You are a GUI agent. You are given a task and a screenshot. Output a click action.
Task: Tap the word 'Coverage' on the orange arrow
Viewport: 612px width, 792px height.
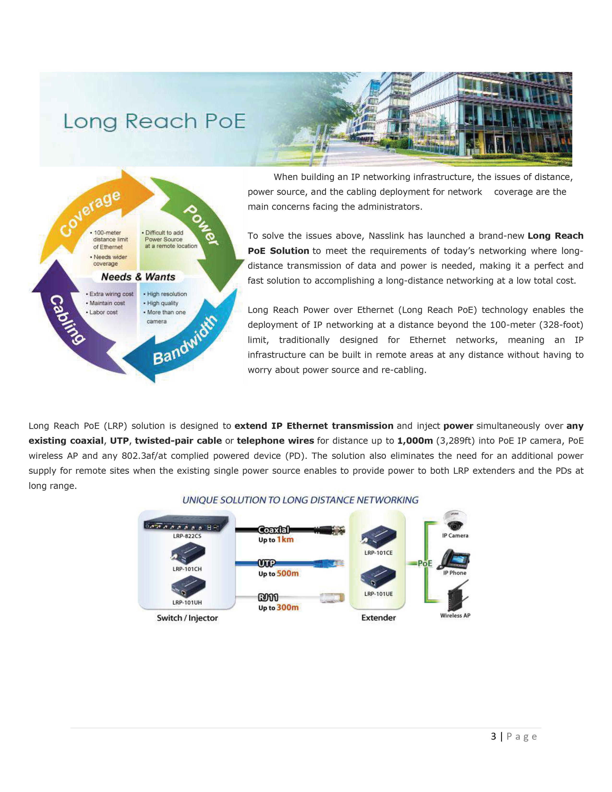(90, 213)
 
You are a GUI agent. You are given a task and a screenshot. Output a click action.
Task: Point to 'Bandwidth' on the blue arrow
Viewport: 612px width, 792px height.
(185, 340)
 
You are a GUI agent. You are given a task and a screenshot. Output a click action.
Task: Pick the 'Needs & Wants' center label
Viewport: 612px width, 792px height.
(138, 277)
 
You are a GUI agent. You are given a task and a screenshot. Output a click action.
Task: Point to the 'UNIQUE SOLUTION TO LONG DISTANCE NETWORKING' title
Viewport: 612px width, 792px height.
(300, 500)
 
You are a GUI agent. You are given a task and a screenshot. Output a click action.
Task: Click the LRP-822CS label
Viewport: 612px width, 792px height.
(187, 536)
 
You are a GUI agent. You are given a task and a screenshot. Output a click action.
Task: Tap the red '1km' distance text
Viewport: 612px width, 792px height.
(285, 540)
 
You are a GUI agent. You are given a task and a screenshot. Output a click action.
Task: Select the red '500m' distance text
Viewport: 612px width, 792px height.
(288, 573)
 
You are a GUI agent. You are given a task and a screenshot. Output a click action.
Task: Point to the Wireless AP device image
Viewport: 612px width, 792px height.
(457, 596)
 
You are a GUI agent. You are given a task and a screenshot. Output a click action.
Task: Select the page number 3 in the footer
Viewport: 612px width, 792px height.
(493, 737)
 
